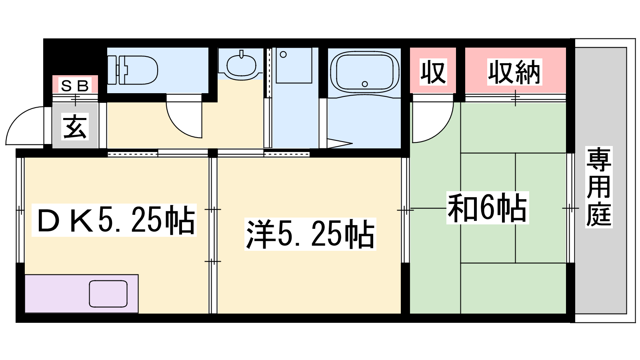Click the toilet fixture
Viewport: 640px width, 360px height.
coord(132,70)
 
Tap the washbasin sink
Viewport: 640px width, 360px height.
coord(242,66)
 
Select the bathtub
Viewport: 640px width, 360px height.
coord(364,72)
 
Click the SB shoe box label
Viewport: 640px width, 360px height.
coord(75,86)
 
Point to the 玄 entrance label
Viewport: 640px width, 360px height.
coord(75,126)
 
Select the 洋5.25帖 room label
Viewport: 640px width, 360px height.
coord(310,234)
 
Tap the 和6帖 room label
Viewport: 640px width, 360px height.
coord(487,208)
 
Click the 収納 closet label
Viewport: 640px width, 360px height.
coord(514,72)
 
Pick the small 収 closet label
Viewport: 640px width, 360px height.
coord(433,72)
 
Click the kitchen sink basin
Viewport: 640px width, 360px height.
coord(108,294)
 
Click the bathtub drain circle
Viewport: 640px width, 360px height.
coord(364,84)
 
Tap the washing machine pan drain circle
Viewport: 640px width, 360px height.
coord(283,54)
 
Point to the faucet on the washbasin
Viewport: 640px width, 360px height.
coord(242,54)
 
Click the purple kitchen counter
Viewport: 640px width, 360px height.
coord(82,294)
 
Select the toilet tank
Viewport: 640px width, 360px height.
coord(112,70)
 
